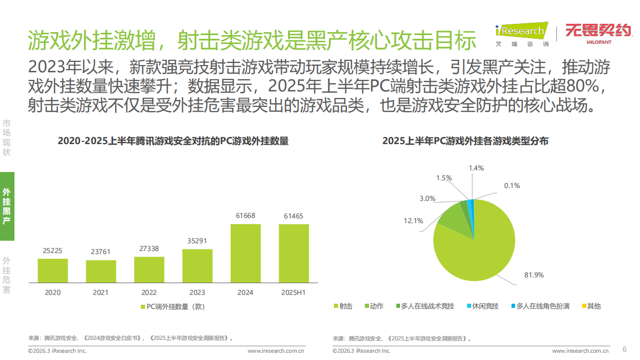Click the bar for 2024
[x=245, y=253]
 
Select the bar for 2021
[x=101, y=271]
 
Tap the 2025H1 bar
[x=294, y=253]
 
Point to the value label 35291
[x=197, y=241]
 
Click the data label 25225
[x=53, y=251]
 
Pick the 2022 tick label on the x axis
[x=149, y=292]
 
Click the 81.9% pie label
[x=534, y=275]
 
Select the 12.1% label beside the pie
[x=413, y=221]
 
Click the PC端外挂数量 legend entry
[x=173, y=306]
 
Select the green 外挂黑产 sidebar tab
[x=7, y=206]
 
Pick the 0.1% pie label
[x=511, y=185]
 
